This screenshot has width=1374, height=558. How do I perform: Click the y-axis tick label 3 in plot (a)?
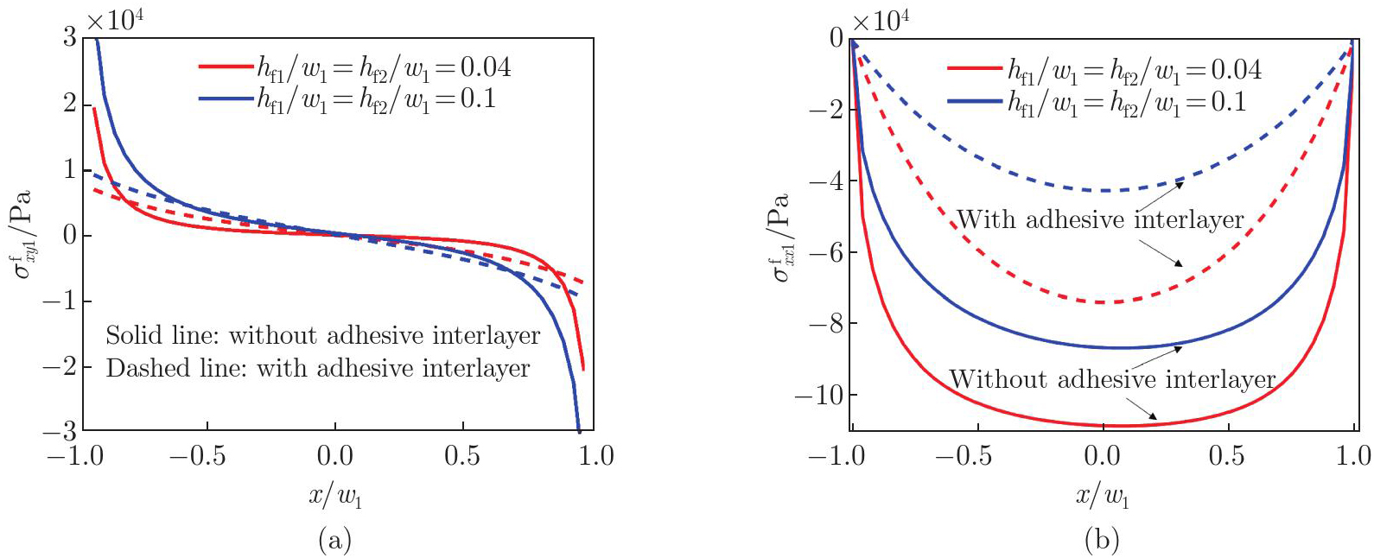(x=68, y=37)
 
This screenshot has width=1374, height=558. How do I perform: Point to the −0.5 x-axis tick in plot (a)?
(x=197, y=456)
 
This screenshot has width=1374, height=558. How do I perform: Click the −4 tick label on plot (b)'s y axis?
(x=824, y=181)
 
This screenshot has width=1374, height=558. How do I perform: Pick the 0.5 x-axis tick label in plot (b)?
(x=1226, y=456)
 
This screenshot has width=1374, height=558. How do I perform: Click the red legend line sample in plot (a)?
(x=226, y=67)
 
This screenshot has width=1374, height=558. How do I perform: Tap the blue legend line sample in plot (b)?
(x=976, y=102)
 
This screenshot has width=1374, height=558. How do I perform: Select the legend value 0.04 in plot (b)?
(x=1231, y=69)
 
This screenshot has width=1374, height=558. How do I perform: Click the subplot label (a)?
(x=335, y=541)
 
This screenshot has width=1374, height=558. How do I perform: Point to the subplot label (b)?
(x=1102, y=541)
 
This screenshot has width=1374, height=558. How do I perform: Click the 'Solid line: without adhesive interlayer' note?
(x=322, y=335)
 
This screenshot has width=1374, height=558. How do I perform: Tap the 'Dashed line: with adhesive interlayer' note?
(x=318, y=369)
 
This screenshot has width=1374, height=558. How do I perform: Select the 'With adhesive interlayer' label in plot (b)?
(x=1100, y=219)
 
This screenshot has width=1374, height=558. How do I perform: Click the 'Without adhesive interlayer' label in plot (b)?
(x=1112, y=379)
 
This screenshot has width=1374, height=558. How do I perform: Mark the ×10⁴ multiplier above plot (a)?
(x=115, y=17)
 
